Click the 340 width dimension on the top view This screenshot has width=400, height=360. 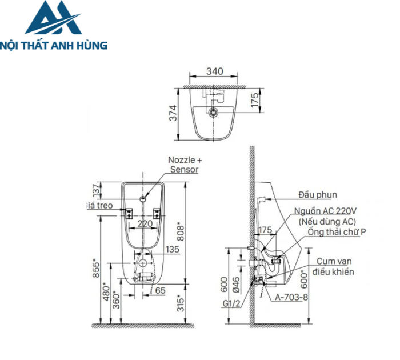click(214, 72)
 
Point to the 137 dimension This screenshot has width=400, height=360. click(96, 190)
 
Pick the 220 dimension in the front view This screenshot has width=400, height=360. click(146, 223)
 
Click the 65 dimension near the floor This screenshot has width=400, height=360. click(160, 290)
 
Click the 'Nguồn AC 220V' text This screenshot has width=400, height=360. click(324, 211)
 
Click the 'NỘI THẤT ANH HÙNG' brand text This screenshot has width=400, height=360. click(54, 45)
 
